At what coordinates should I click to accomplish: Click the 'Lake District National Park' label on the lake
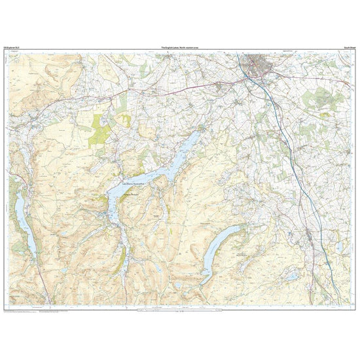pyautogui.click(x=135, y=185)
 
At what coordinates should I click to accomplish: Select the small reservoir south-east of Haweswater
pyautogui.click(x=290, y=278)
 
